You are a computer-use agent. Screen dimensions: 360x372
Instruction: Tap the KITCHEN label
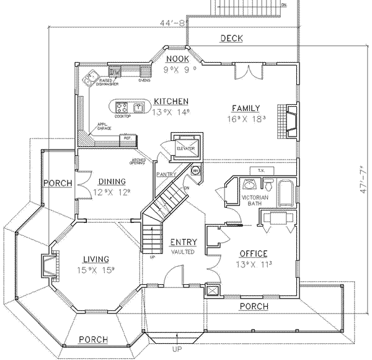click(171, 102)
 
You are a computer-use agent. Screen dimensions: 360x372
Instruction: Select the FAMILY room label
click(246, 107)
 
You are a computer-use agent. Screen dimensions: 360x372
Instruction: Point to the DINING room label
click(112, 182)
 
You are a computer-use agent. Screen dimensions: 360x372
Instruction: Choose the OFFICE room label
click(253, 254)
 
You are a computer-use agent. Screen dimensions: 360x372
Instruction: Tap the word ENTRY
click(184, 242)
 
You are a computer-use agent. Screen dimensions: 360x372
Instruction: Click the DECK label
click(231, 39)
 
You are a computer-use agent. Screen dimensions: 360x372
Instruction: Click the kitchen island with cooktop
click(128, 107)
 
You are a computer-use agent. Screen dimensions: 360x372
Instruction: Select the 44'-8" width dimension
click(171, 24)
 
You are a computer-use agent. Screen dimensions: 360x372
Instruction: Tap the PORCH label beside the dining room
click(58, 183)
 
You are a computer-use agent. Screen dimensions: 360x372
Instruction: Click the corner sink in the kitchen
click(94, 78)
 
